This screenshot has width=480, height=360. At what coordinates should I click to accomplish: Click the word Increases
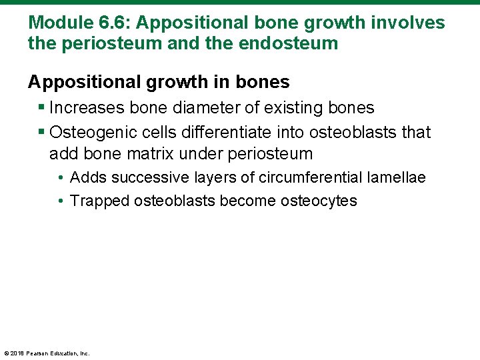point(86,108)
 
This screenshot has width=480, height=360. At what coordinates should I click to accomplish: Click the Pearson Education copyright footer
point(47,353)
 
